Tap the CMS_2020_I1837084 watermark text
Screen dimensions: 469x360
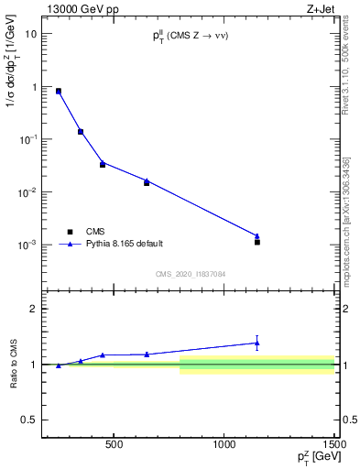(x=190, y=274)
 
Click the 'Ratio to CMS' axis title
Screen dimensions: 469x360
(x=13, y=364)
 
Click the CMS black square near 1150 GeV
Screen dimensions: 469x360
(x=257, y=242)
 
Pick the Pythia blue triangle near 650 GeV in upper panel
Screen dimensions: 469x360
(x=147, y=180)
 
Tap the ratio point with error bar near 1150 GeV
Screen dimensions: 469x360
(x=257, y=343)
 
